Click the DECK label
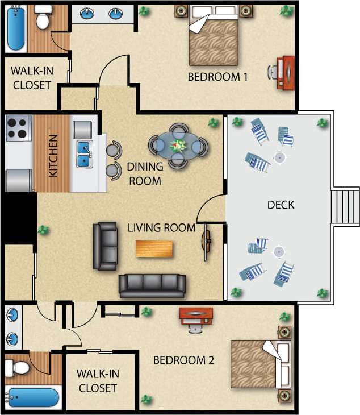[x=281, y=205]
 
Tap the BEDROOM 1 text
[x=217, y=77]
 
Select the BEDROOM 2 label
[x=183, y=360]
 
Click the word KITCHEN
[x=53, y=156]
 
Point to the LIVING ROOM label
[x=161, y=228]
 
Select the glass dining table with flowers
[x=178, y=146]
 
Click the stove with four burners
[x=18, y=128]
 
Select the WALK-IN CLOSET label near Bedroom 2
[x=98, y=381]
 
